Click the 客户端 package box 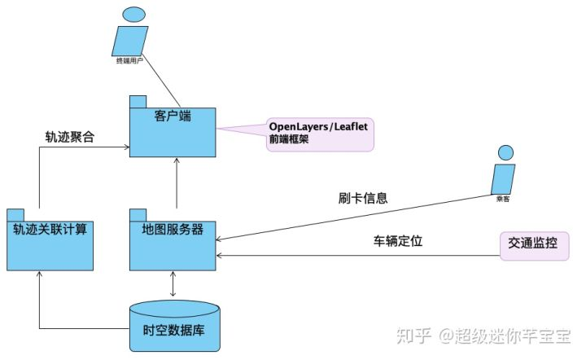click(173, 130)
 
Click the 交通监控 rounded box click(533, 244)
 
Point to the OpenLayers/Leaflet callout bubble click(319, 134)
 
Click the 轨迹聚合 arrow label click(70, 136)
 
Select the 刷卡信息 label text click(363, 197)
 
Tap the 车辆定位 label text click(398, 241)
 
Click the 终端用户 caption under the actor click(129, 61)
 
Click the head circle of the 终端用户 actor click(129, 14)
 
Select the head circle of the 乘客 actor click(506, 151)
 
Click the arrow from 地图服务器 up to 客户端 click(176, 184)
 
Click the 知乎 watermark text click(413, 335)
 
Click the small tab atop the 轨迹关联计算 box click(15, 214)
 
